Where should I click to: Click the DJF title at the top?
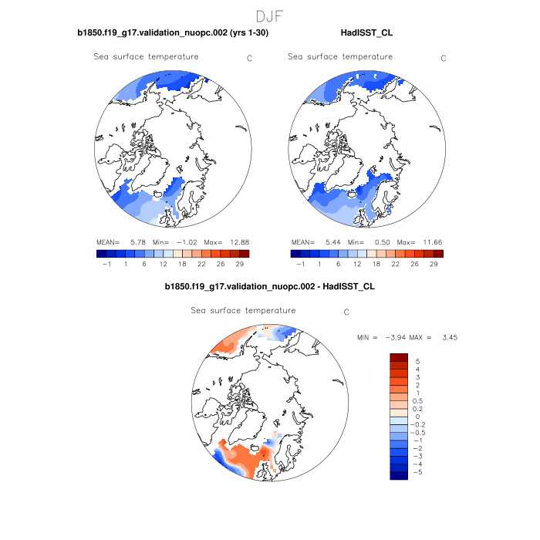(270, 15)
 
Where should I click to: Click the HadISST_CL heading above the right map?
(366, 33)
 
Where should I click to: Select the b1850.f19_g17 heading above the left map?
(173, 33)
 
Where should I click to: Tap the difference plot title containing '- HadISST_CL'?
(270, 286)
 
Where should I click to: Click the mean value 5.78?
(135, 242)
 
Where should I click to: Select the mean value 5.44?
(329, 242)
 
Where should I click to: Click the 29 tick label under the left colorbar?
(245, 264)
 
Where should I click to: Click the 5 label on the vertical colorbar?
(417, 361)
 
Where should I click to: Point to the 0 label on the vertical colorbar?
(417, 417)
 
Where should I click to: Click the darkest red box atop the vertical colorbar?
(398, 357)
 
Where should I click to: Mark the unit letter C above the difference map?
(346, 312)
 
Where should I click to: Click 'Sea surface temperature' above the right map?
(339, 56)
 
